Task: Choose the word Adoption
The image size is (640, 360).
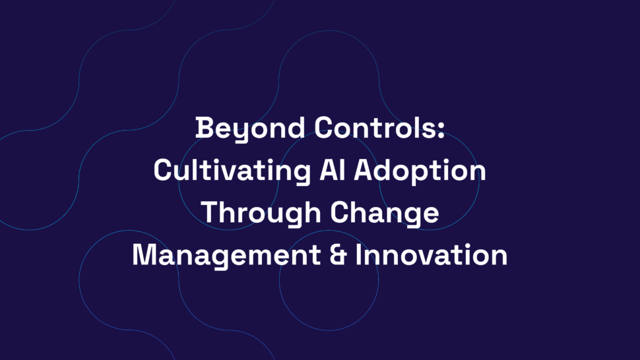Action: point(420,171)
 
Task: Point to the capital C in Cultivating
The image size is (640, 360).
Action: point(162,170)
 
